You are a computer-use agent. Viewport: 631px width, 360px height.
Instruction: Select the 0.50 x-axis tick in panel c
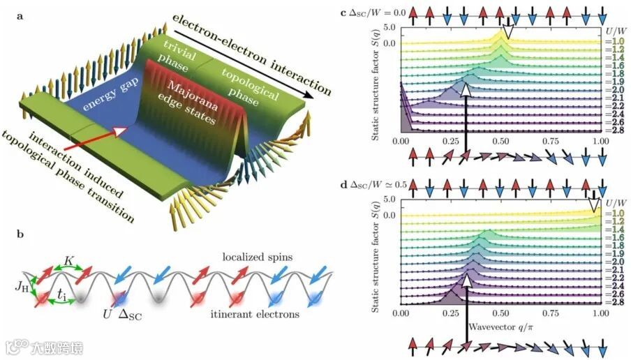point(500,140)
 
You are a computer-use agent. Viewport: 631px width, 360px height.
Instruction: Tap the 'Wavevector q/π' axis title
point(500,324)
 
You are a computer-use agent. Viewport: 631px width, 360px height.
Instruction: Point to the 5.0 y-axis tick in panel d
point(387,200)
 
